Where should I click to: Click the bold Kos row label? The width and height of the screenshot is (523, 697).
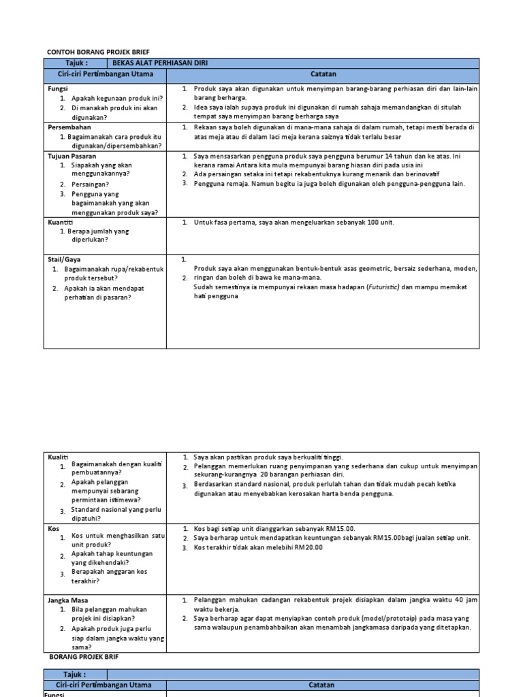54,528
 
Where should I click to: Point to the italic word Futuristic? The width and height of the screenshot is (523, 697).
383,287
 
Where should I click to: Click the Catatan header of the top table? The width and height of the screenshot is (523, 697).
323,74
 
